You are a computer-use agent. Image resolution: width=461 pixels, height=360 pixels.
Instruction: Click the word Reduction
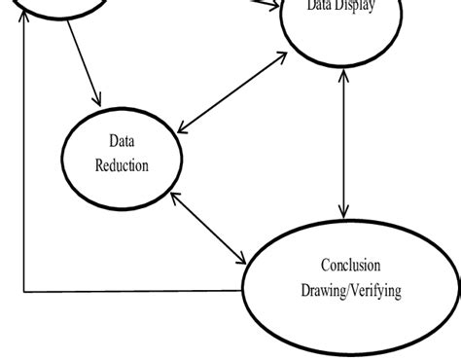tap(122, 165)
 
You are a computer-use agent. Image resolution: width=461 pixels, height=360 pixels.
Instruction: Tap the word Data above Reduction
tap(122, 142)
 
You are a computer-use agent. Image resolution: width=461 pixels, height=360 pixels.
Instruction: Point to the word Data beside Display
tap(318, 6)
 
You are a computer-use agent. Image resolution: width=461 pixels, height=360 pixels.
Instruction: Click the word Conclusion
tap(350, 266)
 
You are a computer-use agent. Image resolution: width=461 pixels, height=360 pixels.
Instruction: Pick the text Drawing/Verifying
tap(350, 290)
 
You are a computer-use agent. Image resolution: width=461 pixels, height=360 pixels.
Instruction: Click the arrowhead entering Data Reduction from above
tap(98, 100)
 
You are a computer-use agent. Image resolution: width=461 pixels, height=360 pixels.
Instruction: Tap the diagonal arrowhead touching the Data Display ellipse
tap(281, 56)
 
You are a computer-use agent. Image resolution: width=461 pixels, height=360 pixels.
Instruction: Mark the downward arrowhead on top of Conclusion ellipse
tap(342, 213)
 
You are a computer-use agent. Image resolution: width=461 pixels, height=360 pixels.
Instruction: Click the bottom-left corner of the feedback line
tap(22, 290)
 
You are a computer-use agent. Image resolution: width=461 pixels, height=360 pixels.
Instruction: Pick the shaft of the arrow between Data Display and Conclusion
tap(342, 146)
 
